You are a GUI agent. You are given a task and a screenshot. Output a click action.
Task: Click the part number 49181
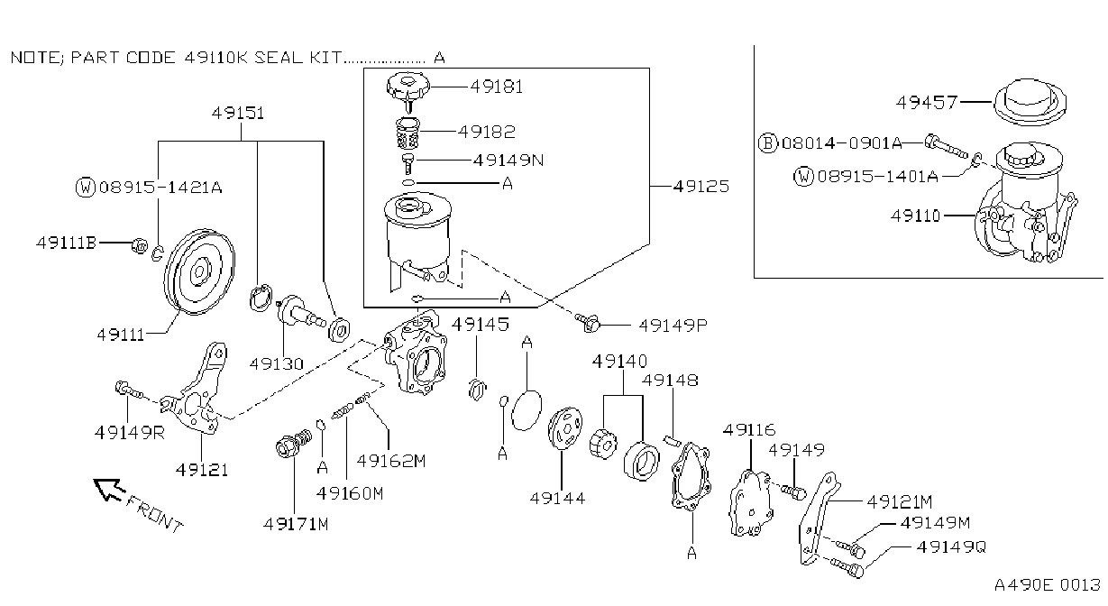tap(496, 87)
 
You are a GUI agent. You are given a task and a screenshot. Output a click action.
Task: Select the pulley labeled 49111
tap(199, 271)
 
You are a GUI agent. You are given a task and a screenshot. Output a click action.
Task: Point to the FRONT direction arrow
tap(109, 489)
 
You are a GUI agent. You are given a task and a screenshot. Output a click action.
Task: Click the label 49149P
tap(673, 325)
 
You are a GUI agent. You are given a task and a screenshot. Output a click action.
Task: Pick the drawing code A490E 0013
tap(1048, 584)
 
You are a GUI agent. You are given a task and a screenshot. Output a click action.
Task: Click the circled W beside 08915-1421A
tap(86, 187)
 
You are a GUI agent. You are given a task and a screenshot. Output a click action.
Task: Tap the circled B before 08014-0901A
tap(768, 143)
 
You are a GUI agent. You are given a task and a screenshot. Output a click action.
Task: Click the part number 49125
tap(701, 186)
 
